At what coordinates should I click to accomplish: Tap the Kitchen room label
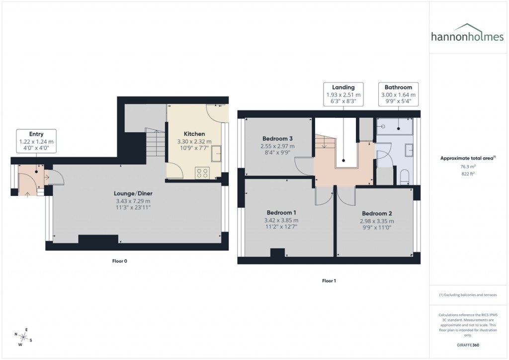(x=194, y=134)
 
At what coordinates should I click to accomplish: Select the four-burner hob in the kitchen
(x=203, y=173)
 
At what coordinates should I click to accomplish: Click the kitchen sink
(x=216, y=155)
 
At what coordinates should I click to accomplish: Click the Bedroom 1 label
(x=282, y=212)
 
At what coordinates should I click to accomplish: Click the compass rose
(x=22, y=337)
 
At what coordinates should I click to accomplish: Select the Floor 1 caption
(x=329, y=281)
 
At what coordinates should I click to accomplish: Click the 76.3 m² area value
(x=467, y=167)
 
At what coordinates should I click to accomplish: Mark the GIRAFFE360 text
(x=467, y=345)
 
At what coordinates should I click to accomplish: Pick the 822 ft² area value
(x=467, y=174)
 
